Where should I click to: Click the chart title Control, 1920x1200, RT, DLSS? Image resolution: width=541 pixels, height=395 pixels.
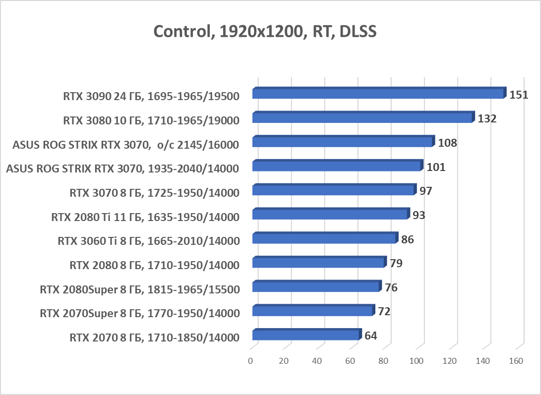(x=265, y=32)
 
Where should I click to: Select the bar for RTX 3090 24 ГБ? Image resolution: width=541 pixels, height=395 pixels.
(x=378, y=94)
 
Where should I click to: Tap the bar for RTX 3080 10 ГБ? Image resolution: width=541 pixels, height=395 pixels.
(x=362, y=118)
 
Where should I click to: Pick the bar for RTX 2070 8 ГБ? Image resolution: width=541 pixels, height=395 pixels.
(x=305, y=336)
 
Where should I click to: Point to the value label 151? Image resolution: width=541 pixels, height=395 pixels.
(x=519, y=94)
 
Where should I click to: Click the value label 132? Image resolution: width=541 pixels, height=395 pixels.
(x=487, y=118)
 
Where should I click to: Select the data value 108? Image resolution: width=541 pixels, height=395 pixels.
(x=447, y=143)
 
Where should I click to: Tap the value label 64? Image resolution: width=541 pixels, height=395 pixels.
(x=371, y=336)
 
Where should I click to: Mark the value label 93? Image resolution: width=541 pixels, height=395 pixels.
(x=419, y=215)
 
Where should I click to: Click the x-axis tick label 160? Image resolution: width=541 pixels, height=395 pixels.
(x=516, y=361)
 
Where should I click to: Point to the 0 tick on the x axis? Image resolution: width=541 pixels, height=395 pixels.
(x=251, y=361)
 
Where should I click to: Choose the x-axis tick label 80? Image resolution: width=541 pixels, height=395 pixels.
(x=383, y=361)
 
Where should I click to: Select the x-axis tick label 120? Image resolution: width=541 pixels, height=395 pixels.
(x=450, y=361)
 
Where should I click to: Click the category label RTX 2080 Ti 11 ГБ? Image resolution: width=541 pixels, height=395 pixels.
(x=145, y=217)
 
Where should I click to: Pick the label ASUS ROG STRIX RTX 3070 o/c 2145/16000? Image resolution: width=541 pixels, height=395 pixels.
(x=126, y=144)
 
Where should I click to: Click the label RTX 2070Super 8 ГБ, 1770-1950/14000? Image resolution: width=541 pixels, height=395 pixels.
(x=140, y=313)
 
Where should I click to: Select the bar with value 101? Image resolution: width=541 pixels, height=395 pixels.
(x=336, y=166)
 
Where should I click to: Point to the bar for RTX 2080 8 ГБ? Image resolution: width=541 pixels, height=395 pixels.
(x=318, y=263)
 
